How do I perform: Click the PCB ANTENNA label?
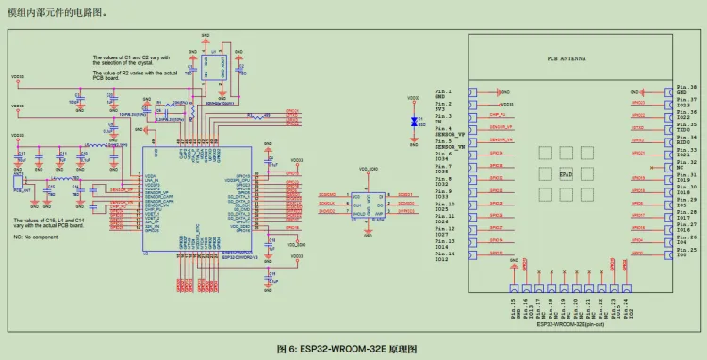coord(566,58)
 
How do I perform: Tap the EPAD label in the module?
coord(566,174)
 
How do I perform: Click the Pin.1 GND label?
coord(444,93)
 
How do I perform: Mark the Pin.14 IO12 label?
coord(445,256)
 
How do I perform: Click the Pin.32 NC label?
coord(685,165)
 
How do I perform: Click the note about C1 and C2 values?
coord(130,60)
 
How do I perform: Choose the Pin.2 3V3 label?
coord(444,106)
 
